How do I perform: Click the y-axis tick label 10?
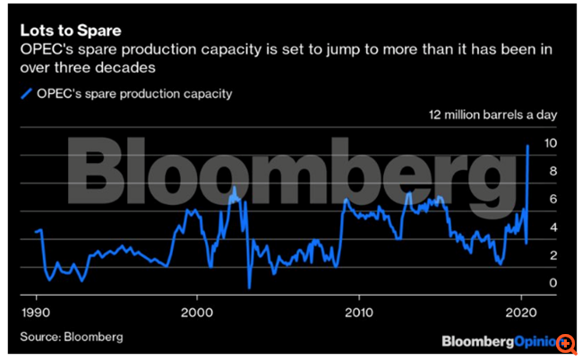(552, 143)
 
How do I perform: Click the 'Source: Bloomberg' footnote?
(72, 337)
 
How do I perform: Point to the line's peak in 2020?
(528, 145)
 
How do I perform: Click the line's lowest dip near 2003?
(249, 287)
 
